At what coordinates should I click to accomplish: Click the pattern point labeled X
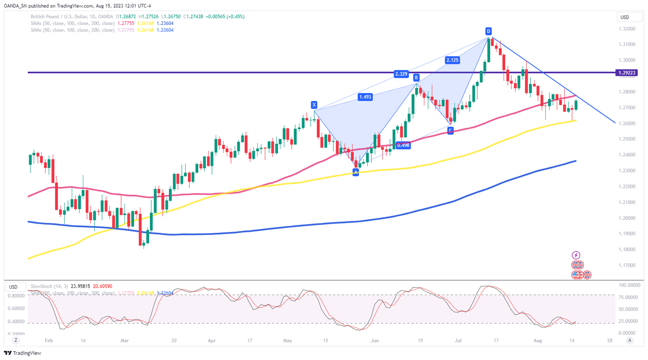pos(314,105)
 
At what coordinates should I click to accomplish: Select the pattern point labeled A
pos(355,172)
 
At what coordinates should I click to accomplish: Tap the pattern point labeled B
pos(416,78)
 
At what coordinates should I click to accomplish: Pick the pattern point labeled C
pos(450,130)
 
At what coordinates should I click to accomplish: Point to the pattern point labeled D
pos(488,31)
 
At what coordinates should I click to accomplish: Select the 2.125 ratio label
pos(453,60)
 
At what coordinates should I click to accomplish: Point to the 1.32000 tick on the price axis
pos(627,28)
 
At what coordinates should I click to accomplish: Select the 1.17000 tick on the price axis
pos(627,265)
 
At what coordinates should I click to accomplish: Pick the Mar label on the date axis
pos(124,340)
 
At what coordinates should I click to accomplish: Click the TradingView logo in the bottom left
pos(24,353)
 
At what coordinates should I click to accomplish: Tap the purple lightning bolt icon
pos(576,255)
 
